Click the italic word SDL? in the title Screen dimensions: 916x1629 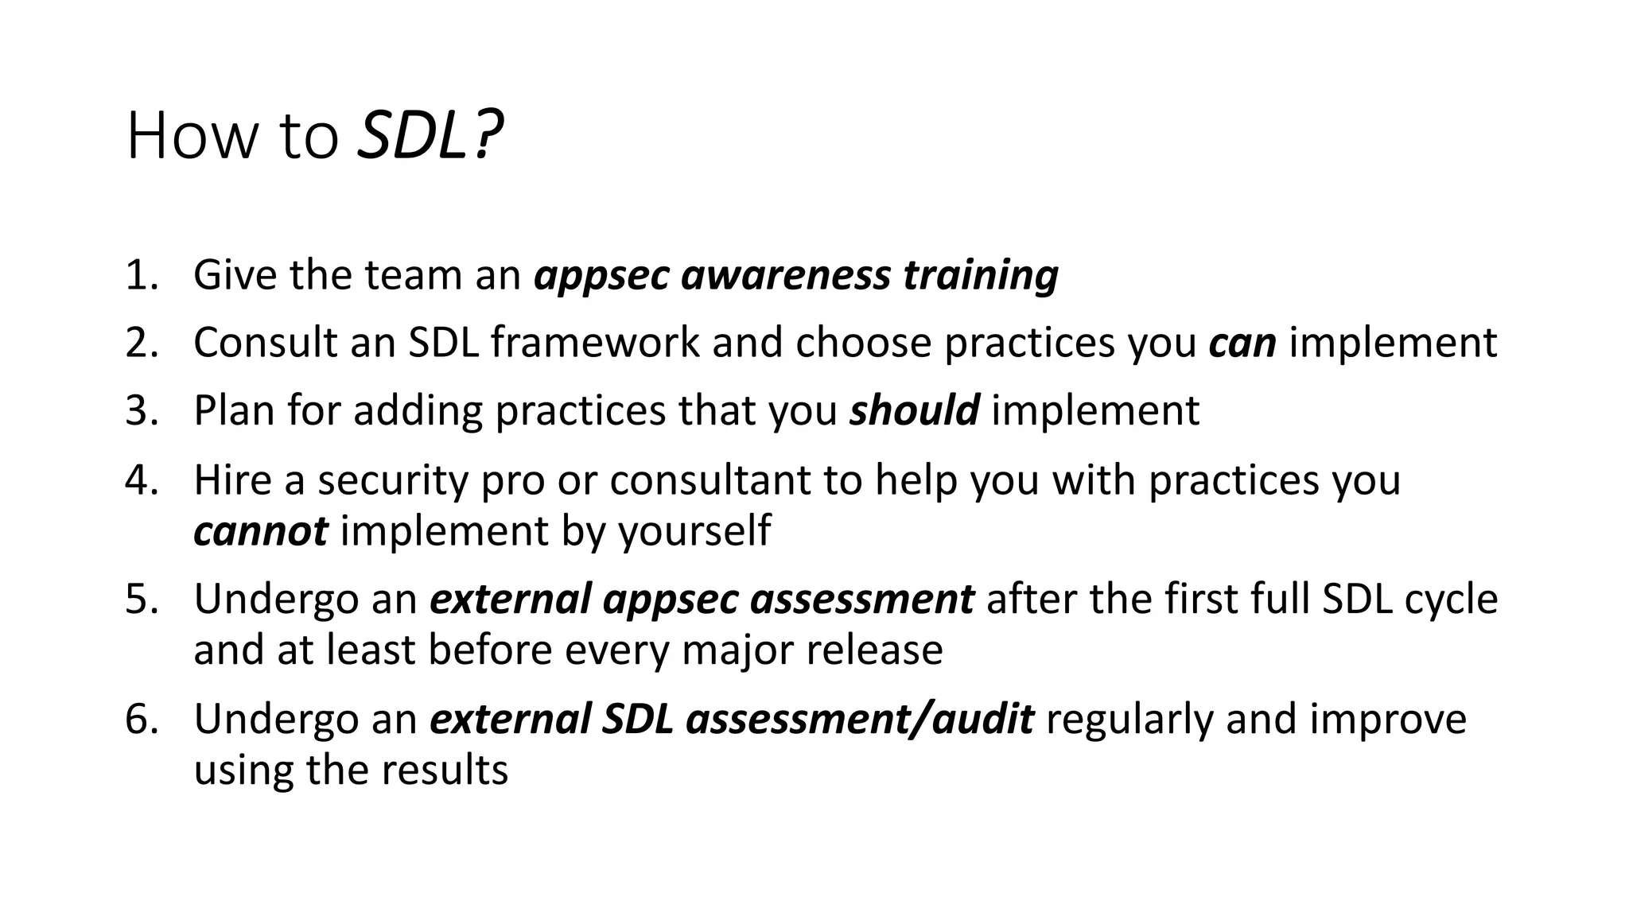tap(430, 136)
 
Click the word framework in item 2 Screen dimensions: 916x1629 tap(595, 343)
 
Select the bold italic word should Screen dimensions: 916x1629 tap(914, 411)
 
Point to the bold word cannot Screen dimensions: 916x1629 tap(260, 531)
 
